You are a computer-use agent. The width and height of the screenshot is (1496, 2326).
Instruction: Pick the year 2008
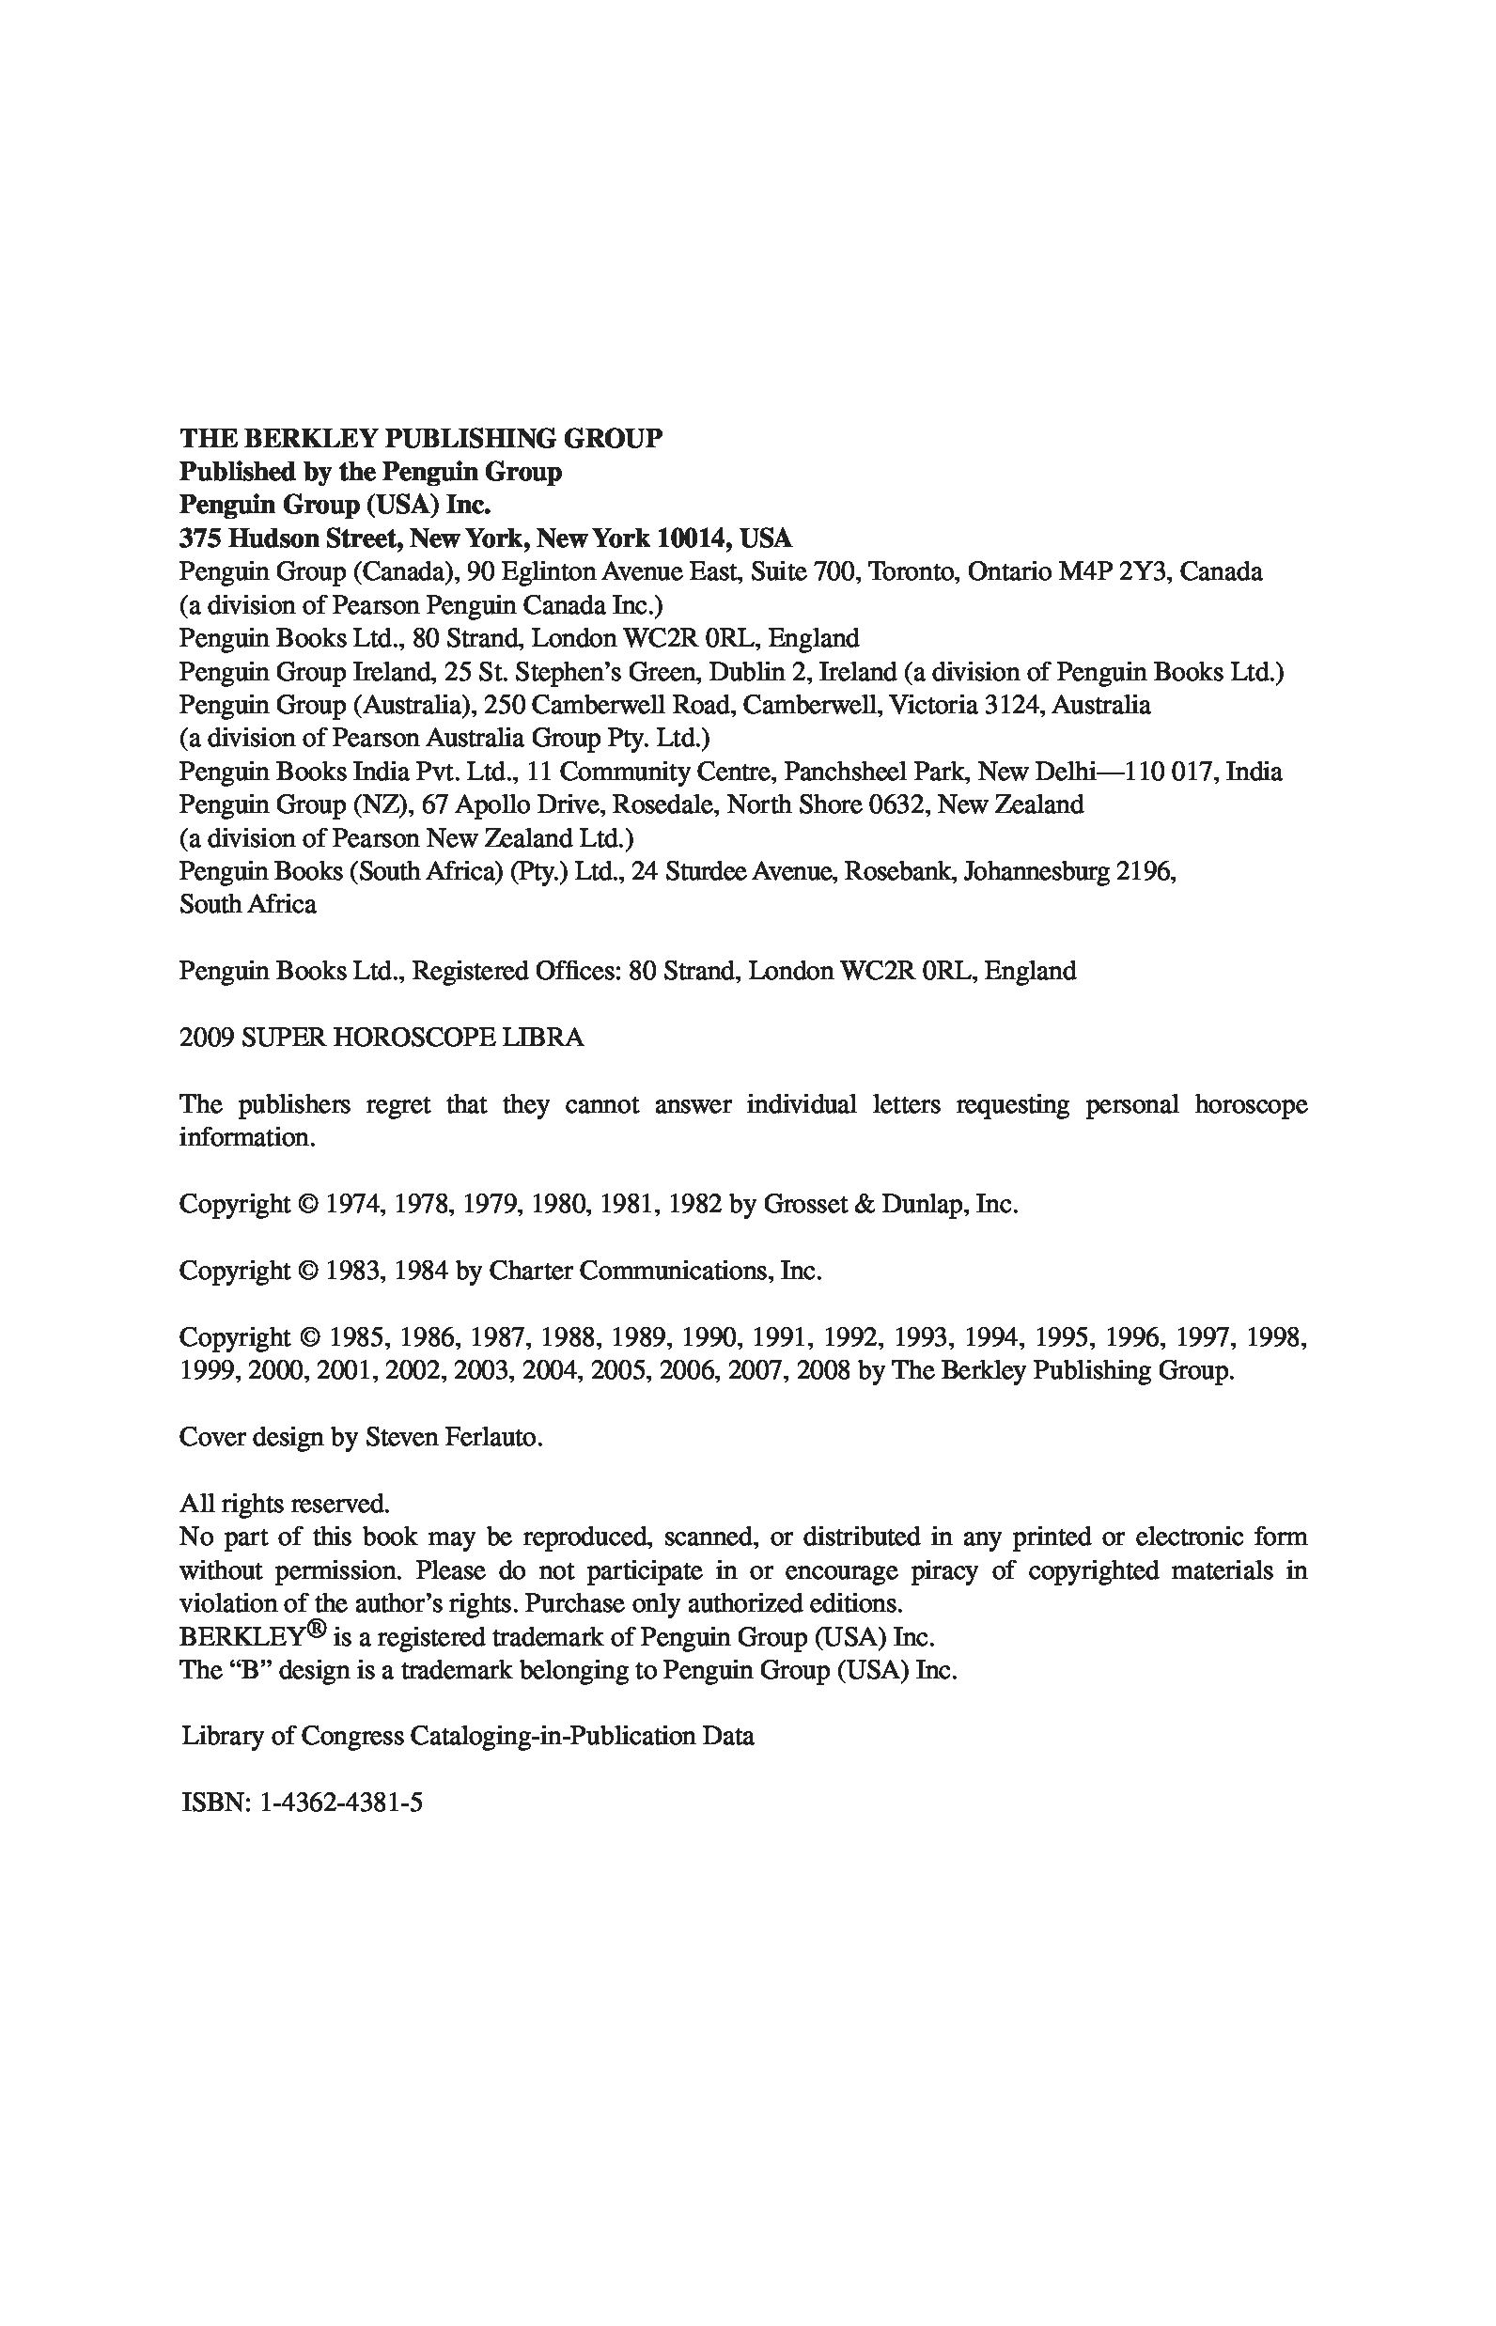point(823,1371)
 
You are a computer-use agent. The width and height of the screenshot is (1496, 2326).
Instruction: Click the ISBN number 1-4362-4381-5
point(341,1803)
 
